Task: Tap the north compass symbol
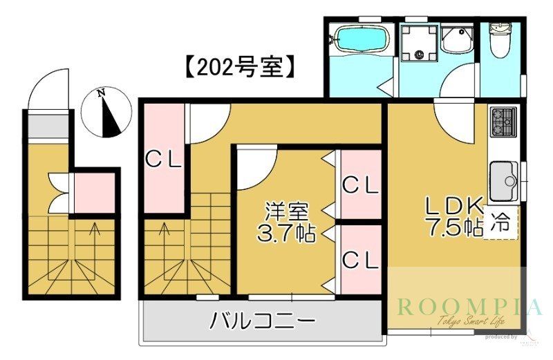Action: tap(104, 112)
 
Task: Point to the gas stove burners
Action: tap(503, 122)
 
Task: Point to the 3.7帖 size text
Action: tap(286, 233)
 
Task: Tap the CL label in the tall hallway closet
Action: tap(162, 160)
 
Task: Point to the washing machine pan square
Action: tap(420, 41)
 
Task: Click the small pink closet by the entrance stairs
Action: tap(94, 193)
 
